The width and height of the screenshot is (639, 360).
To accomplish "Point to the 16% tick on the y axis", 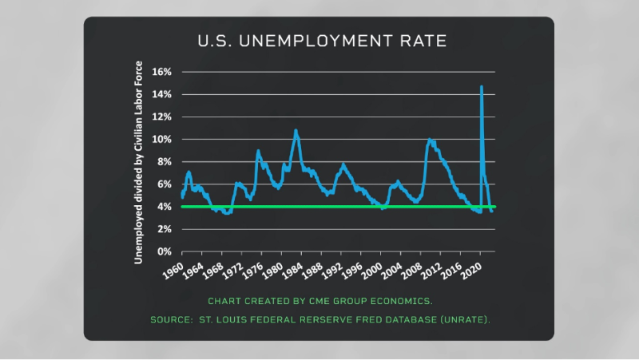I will (161, 72).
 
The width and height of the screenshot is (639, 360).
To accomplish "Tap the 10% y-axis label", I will (161, 139).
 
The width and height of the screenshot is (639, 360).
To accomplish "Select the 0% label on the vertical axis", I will (164, 251).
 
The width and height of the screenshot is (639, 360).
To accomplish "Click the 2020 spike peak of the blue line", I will (481, 86).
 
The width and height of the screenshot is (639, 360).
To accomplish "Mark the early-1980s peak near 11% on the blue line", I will (296, 130).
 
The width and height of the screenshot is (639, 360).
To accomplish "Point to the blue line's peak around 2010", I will (431, 140).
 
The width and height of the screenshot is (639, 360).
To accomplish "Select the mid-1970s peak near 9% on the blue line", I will (258, 150).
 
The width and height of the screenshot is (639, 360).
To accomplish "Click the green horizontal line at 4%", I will (335, 207).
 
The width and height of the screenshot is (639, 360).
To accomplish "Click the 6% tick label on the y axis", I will (164, 184).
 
